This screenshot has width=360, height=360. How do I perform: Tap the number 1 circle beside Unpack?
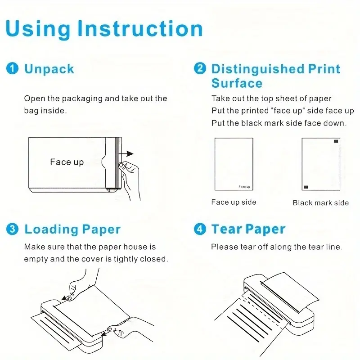[13, 68]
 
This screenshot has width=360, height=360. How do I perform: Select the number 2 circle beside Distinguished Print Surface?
[200, 68]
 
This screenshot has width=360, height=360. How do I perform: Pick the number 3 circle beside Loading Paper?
[13, 229]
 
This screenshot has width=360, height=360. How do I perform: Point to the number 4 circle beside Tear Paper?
[200, 229]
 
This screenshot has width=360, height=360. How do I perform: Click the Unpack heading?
[49, 69]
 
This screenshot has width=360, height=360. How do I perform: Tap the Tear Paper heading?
[248, 229]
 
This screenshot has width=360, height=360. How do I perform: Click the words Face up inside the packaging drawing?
[67, 162]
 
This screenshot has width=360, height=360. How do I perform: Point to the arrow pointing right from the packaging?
[126, 153]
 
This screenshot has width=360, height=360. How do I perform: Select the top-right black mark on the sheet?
[336, 141]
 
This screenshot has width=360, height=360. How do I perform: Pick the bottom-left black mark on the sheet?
[306, 187]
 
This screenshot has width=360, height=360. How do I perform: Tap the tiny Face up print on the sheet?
[244, 187]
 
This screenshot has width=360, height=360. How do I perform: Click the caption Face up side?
[234, 202]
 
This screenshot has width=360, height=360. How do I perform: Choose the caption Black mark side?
[321, 203]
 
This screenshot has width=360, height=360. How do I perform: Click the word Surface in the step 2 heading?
[237, 83]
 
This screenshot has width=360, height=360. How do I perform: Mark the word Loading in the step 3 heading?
[51, 230]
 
